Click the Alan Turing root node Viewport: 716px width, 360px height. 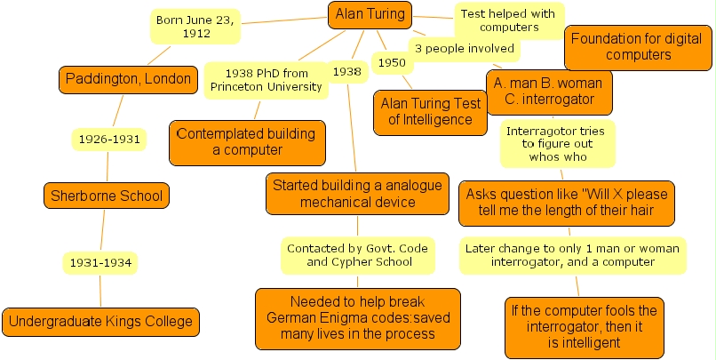370,13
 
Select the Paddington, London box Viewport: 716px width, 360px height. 127,79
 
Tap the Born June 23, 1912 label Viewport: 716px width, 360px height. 195,27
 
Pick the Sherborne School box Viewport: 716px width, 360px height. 107,196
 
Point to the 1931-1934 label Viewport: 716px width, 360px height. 101,262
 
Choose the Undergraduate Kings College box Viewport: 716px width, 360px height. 99,321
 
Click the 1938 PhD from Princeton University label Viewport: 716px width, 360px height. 266,79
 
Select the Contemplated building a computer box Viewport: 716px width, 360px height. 246,142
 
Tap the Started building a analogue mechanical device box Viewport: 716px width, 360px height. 344,194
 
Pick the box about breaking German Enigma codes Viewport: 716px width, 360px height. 358,317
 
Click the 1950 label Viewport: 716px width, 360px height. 391,63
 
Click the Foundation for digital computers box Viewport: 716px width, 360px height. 638,47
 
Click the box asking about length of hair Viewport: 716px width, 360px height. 567,203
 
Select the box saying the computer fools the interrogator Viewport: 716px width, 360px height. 584,326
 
